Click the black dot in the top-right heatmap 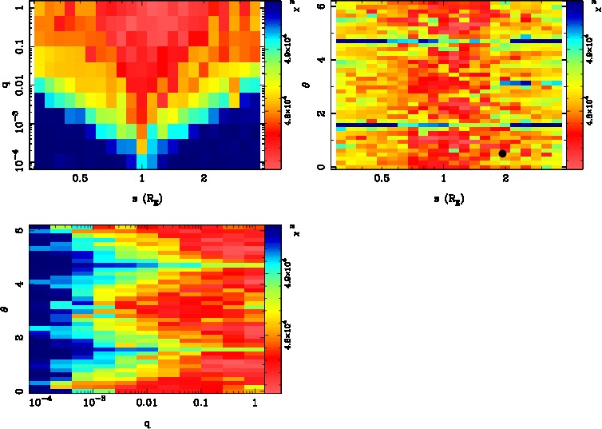[502, 153]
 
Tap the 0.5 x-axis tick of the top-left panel [80, 179]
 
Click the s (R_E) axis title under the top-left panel [142, 197]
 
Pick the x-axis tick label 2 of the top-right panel [505, 179]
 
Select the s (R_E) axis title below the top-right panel [444, 197]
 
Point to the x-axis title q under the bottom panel [146, 423]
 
